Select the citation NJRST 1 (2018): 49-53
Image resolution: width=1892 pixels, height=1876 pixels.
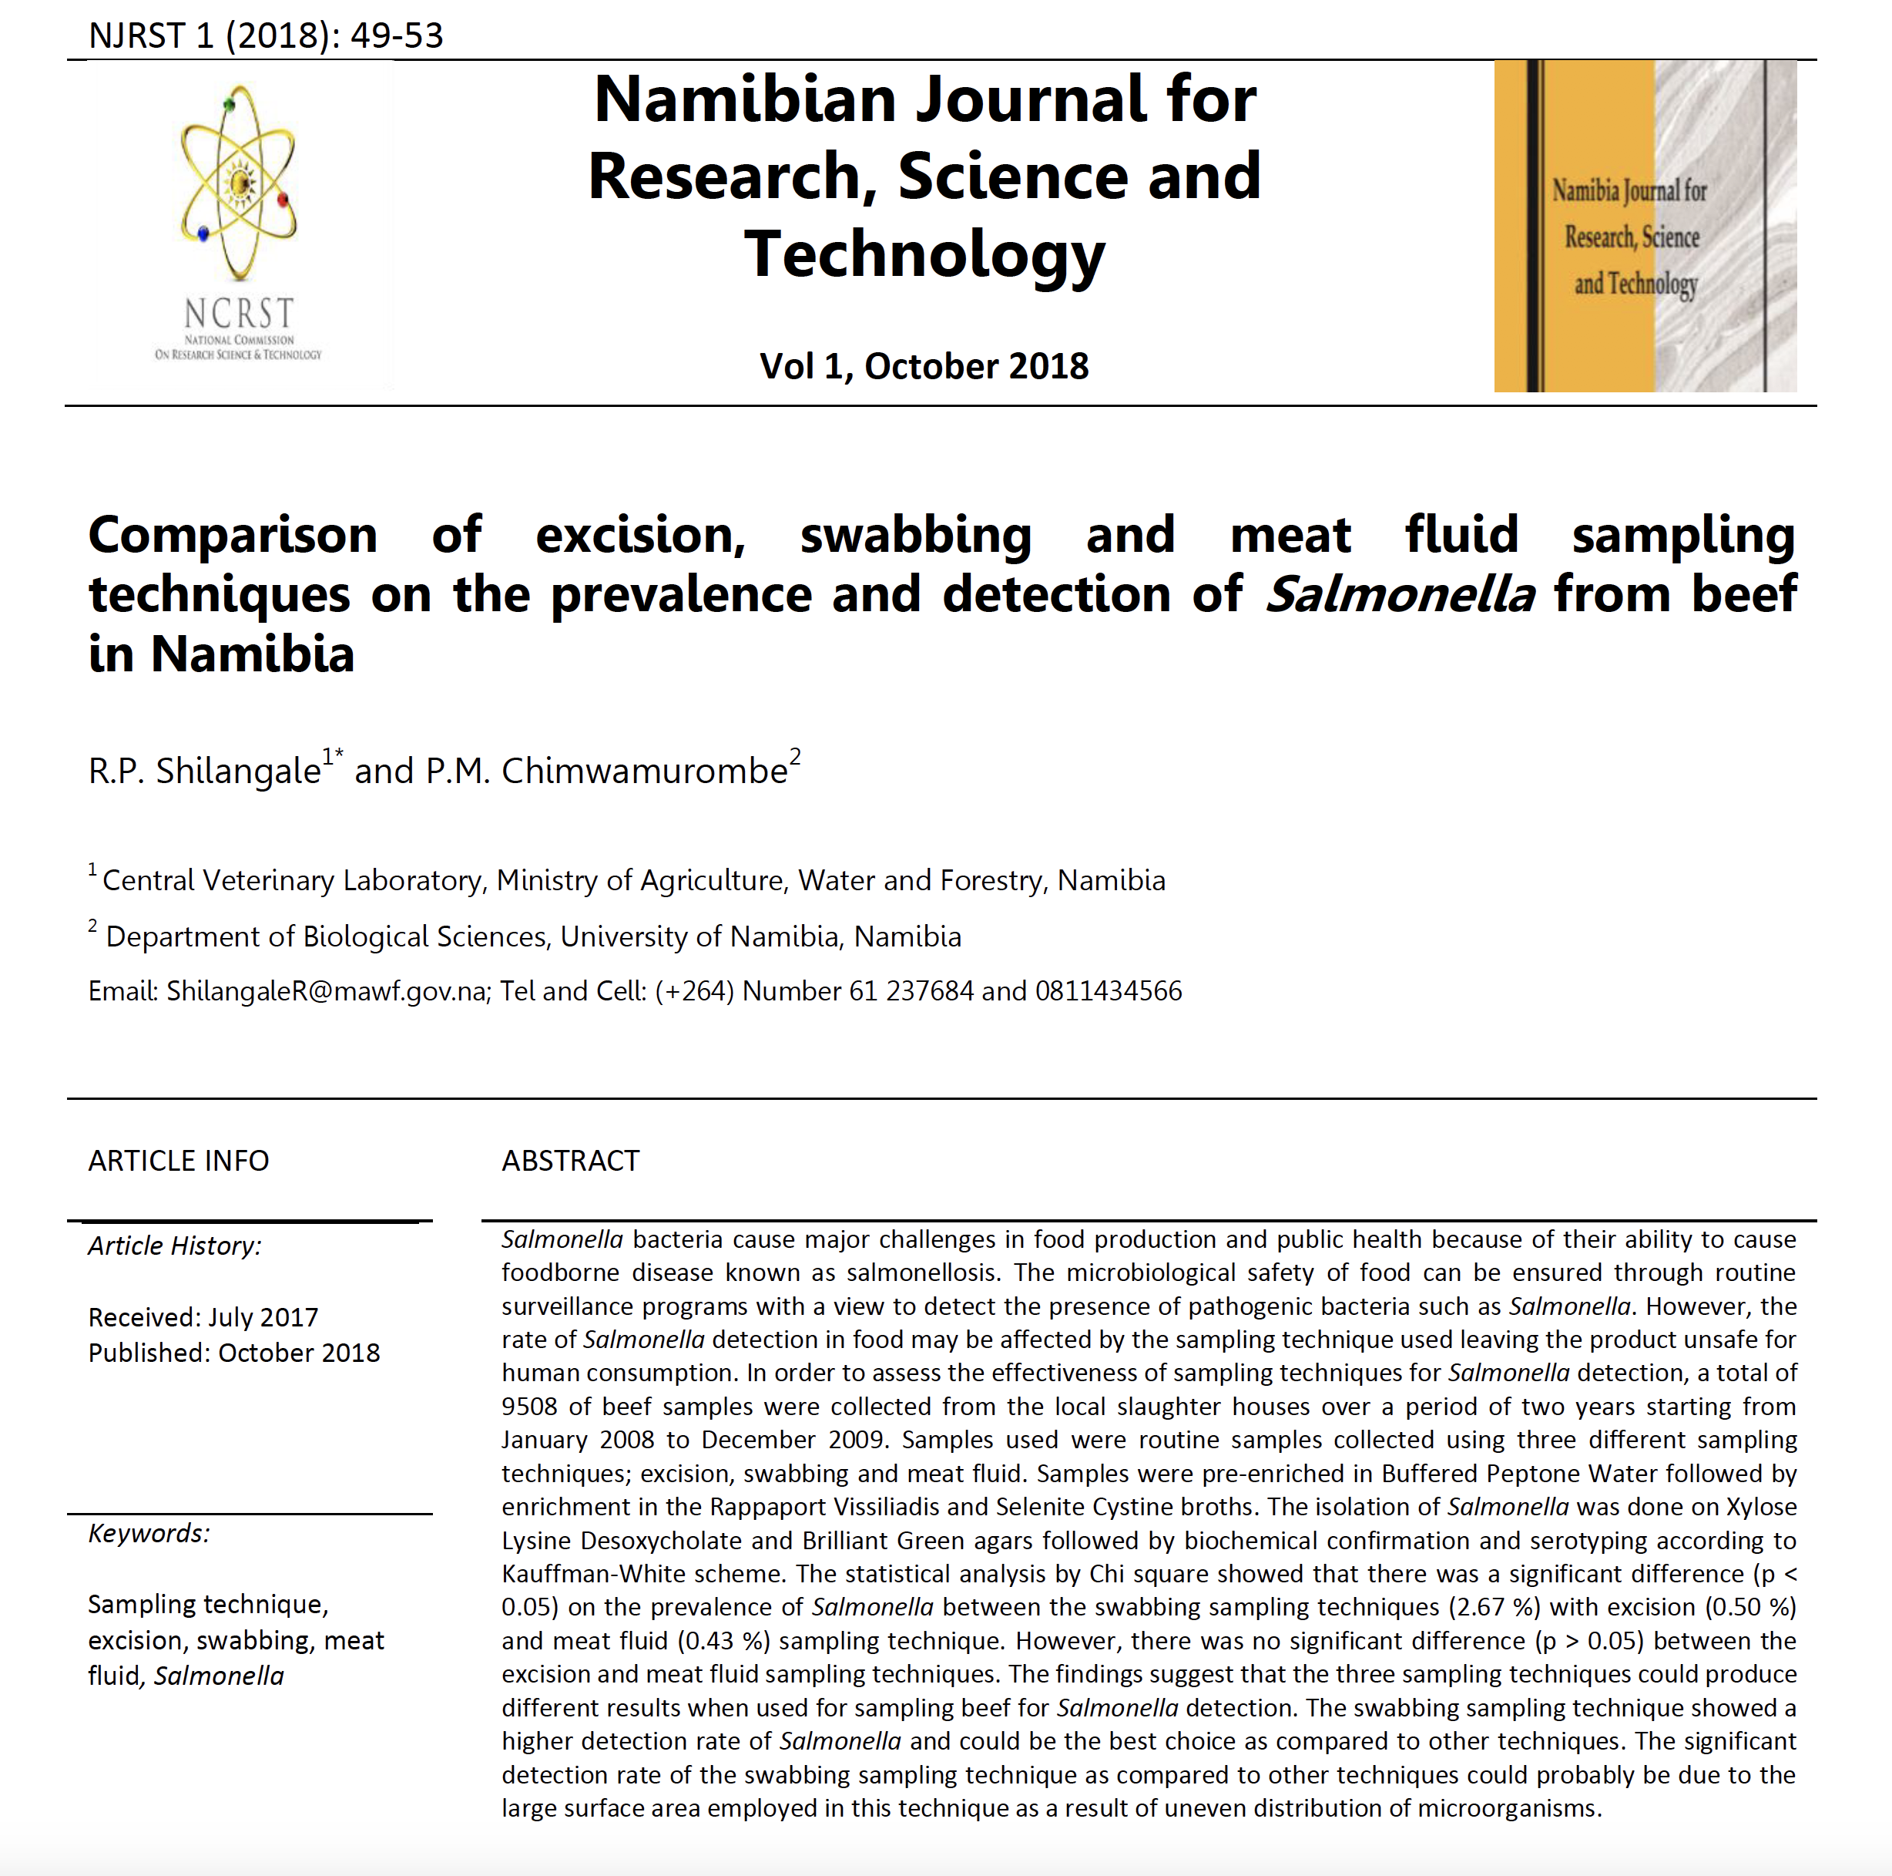(x=266, y=35)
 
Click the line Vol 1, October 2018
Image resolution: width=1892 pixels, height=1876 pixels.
(x=924, y=366)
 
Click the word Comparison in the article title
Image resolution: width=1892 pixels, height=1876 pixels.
(x=233, y=535)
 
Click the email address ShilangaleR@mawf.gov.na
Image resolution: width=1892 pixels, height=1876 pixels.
(x=326, y=991)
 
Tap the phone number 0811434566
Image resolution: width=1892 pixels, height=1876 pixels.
(x=1108, y=991)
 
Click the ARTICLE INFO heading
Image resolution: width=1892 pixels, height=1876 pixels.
(x=178, y=1161)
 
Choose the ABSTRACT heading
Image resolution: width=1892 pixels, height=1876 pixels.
(x=570, y=1161)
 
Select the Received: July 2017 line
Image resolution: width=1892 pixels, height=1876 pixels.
(x=203, y=1318)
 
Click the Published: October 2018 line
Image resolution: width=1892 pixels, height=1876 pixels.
(x=233, y=1353)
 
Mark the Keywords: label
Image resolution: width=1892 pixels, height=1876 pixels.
(x=149, y=1533)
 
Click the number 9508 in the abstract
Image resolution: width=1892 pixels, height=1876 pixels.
(x=528, y=1407)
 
